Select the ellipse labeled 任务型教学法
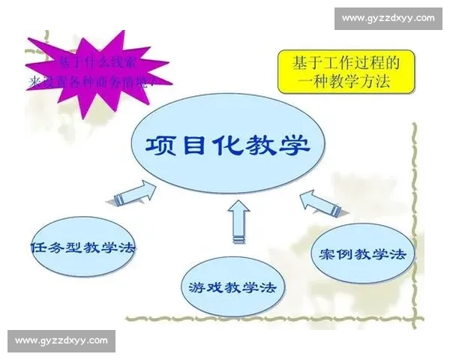(84, 247)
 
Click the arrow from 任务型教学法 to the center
(135, 193)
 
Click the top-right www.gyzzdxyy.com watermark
(388, 17)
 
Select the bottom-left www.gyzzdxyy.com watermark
(62, 341)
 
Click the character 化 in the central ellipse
(226, 144)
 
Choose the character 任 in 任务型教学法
(39, 247)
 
